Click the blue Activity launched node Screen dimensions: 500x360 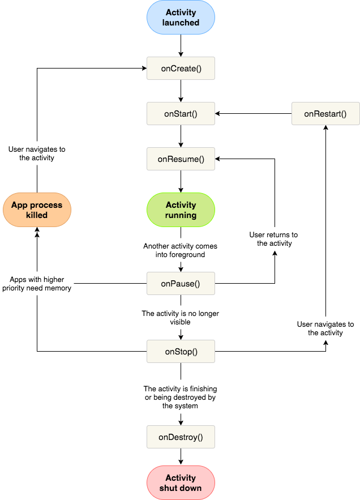(x=181, y=18)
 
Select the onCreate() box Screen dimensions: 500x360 (x=181, y=68)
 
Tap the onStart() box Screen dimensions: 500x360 (x=181, y=113)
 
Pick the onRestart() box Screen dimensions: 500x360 (x=325, y=113)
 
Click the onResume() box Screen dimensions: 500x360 (x=181, y=159)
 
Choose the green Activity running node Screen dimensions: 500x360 (x=181, y=210)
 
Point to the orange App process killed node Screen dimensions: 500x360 (x=37, y=210)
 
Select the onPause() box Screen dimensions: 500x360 (x=181, y=283)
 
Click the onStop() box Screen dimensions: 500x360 (x=181, y=351)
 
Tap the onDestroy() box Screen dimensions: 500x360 (x=181, y=437)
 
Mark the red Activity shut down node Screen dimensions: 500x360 (x=181, y=482)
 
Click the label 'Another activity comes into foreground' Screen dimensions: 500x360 (x=181, y=250)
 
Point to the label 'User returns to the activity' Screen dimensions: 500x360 (x=275, y=239)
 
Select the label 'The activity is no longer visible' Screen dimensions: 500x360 (x=181, y=317)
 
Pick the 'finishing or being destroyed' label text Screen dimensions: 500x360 (x=181, y=397)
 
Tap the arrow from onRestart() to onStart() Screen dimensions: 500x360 (x=253, y=113)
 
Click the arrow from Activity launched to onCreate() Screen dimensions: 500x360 (x=181, y=45)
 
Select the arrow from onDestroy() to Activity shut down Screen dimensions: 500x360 (x=181, y=456)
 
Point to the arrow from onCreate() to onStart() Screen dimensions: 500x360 (x=181, y=91)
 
